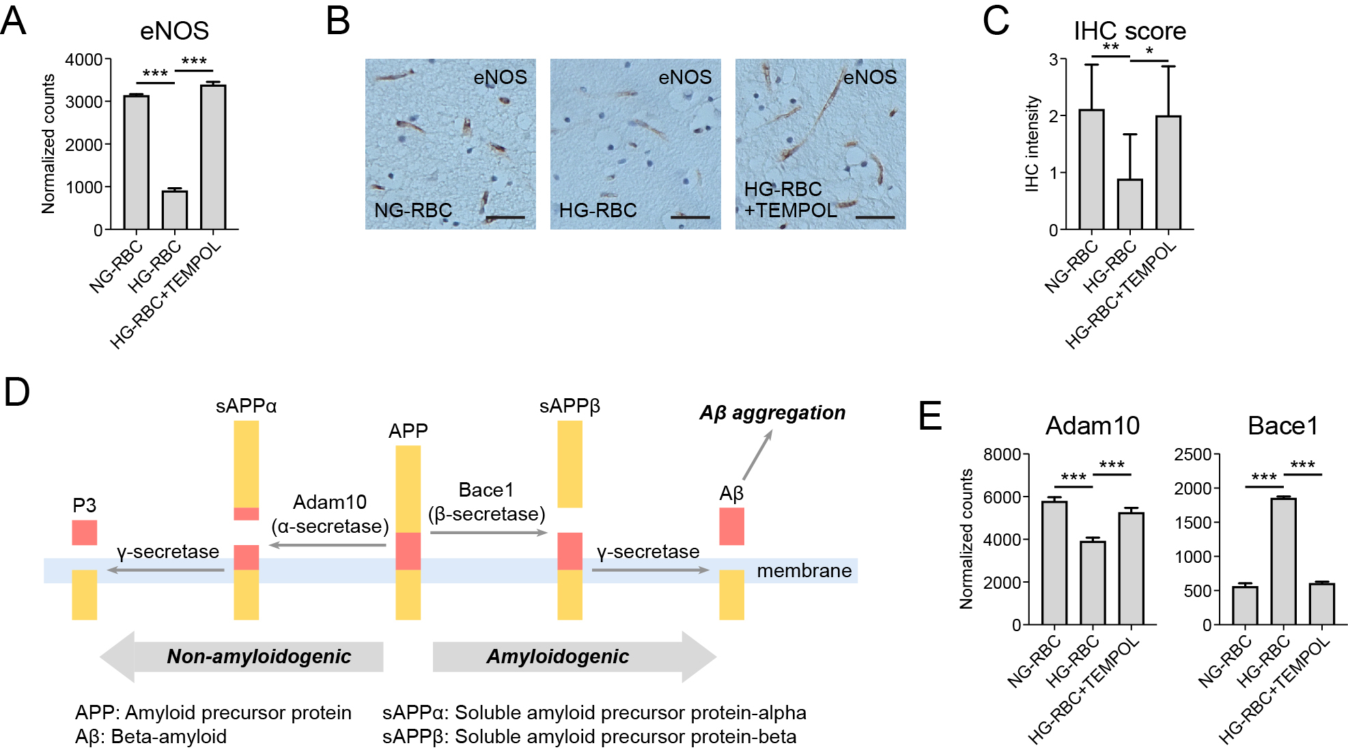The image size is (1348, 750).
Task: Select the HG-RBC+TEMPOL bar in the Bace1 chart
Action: [1321, 604]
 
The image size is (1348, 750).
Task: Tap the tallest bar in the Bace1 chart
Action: [1283, 561]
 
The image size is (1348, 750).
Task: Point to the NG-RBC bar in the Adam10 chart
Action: [1054, 563]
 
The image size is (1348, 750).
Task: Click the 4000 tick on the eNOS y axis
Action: [84, 59]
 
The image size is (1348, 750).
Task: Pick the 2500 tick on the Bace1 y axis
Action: [1192, 454]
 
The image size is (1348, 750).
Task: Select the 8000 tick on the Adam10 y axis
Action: [1001, 454]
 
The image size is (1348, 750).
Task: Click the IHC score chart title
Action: [1129, 31]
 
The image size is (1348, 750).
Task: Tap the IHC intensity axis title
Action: [1032, 143]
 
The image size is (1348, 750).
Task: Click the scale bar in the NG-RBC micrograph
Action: [505, 217]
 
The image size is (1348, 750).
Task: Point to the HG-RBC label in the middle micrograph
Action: [598, 210]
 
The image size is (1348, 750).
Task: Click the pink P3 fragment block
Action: [85, 532]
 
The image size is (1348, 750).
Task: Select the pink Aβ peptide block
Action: [731, 526]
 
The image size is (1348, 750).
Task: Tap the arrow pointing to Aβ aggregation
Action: [757, 455]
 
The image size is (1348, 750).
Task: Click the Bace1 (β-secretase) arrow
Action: [488, 532]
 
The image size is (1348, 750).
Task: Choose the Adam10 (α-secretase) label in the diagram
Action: [330, 514]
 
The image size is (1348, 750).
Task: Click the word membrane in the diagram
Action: [804, 570]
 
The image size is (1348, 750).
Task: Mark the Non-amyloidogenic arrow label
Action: [259, 656]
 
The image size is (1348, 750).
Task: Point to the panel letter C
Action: [996, 20]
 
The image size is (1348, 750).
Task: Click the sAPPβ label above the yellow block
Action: [570, 406]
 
